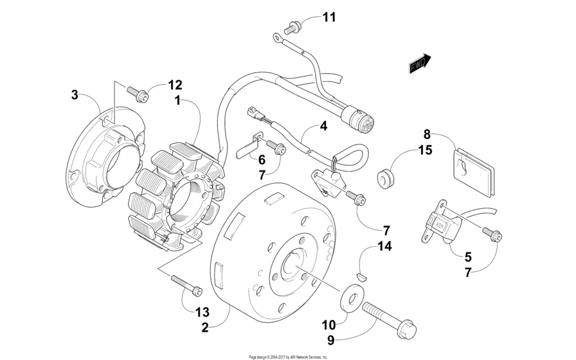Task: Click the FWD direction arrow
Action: (420, 63)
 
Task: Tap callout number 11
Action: (329, 17)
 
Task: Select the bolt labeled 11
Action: (292, 28)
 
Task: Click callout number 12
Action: (175, 85)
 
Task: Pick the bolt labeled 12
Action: (138, 94)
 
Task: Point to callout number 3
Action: (75, 95)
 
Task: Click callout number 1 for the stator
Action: (178, 100)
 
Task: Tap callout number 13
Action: (202, 312)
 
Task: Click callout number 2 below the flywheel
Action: (205, 327)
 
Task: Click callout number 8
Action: (427, 134)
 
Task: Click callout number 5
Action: (468, 256)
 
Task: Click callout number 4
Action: (323, 126)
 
